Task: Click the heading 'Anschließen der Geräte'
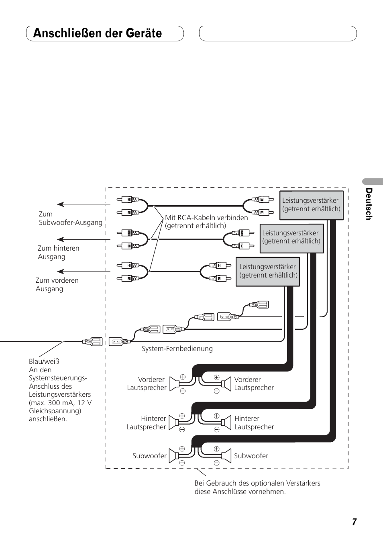click(98, 33)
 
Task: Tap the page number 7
click(354, 522)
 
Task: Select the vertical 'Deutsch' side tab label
click(369, 204)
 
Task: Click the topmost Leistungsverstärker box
click(311, 205)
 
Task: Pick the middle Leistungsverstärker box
click(292, 238)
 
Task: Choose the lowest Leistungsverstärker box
click(268, 271)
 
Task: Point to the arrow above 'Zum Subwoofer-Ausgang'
click(84, 204)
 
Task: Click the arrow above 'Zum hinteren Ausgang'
click(84, 239)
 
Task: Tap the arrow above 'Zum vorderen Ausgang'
click(84, 271)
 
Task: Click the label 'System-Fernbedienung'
click(177, 349)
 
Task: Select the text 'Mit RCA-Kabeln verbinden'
click(206, 217)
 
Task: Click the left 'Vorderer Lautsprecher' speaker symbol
click(174, 384)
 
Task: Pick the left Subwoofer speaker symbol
click(174, 456)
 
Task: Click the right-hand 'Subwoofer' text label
click(251, 456)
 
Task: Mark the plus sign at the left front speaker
click(183, 377)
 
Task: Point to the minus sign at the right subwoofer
click(216, 463)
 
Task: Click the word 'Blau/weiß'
click(44, 361)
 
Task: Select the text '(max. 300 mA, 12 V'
click(60, 403)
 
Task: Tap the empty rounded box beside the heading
click(278, 33)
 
